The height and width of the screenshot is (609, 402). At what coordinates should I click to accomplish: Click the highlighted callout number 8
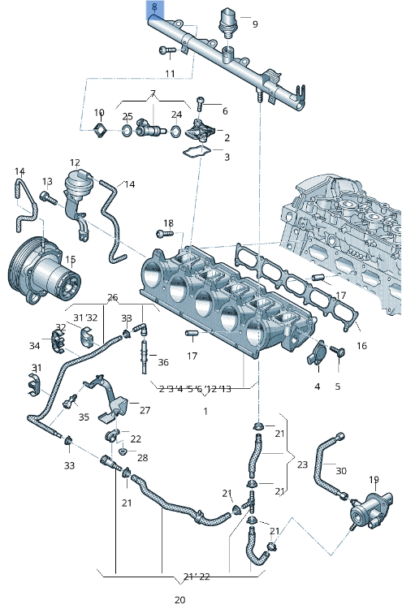[x=154, y=10]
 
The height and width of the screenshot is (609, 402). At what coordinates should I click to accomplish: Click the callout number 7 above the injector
[x=152, y=93]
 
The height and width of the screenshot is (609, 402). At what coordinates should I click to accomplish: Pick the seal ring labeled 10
[x=100, y=130]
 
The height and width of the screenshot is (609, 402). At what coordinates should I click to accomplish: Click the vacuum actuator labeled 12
[x=79, y=187]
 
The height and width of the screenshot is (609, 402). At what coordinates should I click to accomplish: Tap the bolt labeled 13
[x=47, y=197]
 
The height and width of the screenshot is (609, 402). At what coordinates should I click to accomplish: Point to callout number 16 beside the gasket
[x=361, y=345]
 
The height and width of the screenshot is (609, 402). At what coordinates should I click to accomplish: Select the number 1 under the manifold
[x=205, y=411]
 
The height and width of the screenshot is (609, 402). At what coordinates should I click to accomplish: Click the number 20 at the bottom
[x=179, y=600]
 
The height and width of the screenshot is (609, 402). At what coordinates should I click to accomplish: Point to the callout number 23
[x=302, y=465]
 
